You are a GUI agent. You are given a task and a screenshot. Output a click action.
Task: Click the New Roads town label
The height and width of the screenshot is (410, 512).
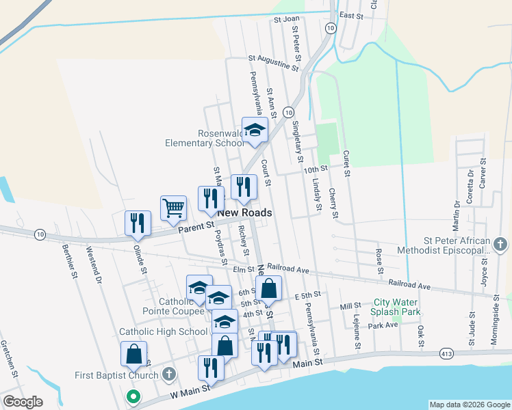point(244,213)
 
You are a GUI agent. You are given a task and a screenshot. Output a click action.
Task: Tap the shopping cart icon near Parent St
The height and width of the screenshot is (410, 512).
point(174,207)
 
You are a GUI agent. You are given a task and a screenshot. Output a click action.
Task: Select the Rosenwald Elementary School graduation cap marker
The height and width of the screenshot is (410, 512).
point(255,131)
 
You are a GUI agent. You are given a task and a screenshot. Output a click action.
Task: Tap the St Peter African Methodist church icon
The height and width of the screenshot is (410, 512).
point(500,244)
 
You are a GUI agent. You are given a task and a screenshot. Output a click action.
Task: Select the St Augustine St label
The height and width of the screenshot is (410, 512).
point(274,63)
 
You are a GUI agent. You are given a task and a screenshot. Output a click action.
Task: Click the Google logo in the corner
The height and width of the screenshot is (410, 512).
point(23,402)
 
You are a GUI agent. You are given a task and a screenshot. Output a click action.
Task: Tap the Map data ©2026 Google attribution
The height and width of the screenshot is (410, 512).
point(470,405)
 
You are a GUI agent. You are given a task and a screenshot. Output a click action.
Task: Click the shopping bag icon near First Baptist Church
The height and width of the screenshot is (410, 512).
point(133,354)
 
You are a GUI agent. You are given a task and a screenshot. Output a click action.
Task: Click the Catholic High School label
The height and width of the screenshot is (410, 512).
point(163,331)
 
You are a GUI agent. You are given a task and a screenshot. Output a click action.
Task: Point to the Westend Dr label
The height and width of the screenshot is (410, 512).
point(94,265)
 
